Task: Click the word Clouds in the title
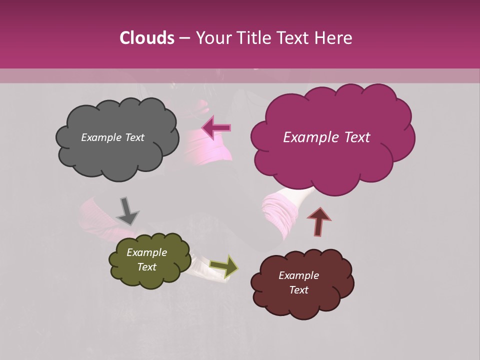[x=146, y=38]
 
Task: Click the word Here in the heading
[x=333, y=38]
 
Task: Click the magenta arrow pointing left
[x=216, y=128]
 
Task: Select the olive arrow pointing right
[x=224, y=266]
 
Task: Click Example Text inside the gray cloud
[x=112, y=137]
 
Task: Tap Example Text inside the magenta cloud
[x=326, y=137]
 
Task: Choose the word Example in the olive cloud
[x=146, y=253]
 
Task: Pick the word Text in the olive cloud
[x=146, y=267]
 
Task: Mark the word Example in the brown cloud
[x=298, y=275]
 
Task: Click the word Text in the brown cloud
[x=298, y=290]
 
